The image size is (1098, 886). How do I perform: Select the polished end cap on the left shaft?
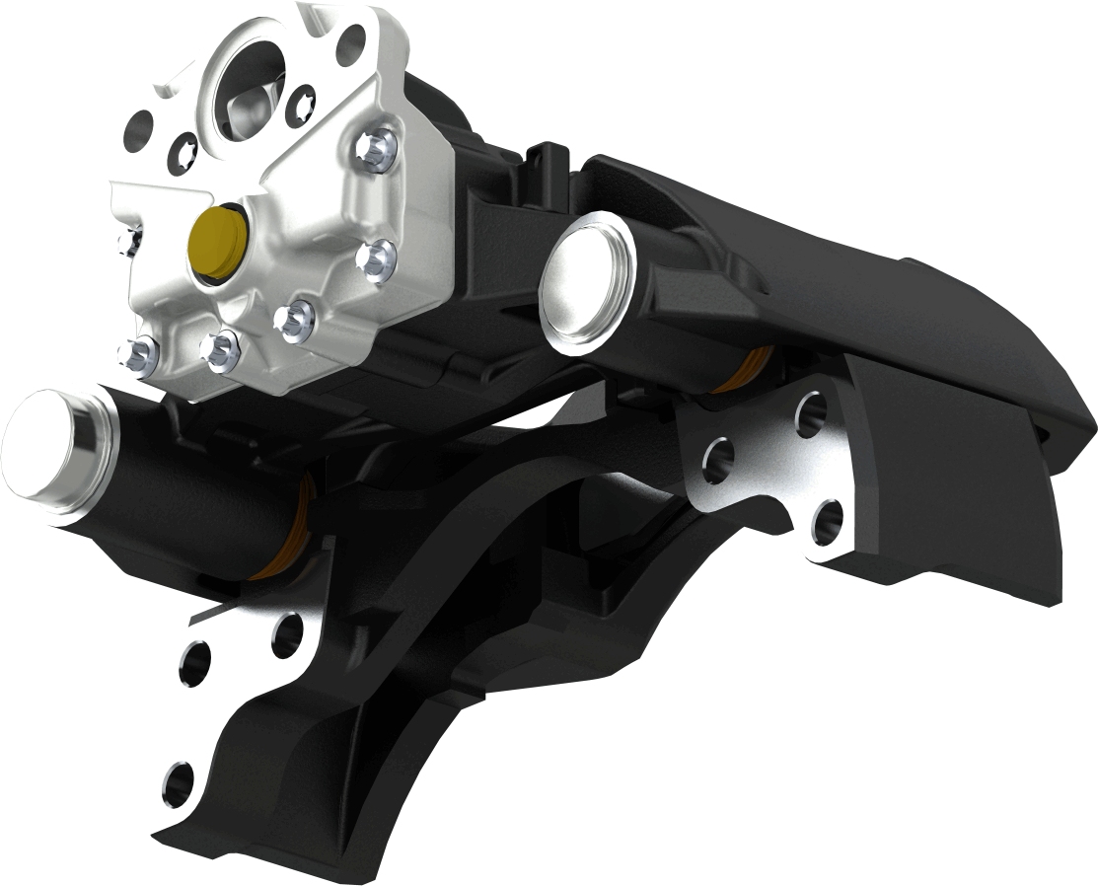point(44,452)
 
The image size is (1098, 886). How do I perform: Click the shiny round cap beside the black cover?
point(587,282)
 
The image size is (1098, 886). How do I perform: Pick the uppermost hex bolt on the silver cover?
point(376,147)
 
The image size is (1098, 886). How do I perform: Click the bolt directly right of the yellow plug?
point(376,259)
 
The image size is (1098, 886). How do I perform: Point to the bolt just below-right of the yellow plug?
point(294,320)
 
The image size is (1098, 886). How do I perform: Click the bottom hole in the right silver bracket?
point(827,520)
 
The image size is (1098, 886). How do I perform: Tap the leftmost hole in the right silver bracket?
point(717,458)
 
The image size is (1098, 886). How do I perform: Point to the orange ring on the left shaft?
point(286,533)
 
